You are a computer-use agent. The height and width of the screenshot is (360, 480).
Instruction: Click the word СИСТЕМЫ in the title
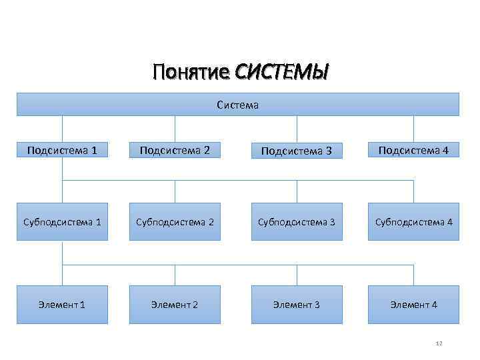[x=283, y=71]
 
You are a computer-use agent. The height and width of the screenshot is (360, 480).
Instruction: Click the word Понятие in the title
[x=191, y=71]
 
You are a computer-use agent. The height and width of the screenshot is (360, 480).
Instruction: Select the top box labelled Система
[x=238, y=105]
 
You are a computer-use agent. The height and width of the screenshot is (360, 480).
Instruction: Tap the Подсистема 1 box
[x=62, y=151]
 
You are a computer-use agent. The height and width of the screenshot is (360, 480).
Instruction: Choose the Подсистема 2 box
[x=175, y=151]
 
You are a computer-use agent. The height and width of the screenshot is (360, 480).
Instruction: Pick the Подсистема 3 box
[x=297, y=151]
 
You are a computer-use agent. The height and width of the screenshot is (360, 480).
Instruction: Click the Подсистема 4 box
[x=413, y=151]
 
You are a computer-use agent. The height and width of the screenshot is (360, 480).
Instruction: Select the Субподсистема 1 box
[x=62, y=221]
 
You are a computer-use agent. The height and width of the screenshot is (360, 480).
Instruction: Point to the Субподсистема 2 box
[x=175, y=221]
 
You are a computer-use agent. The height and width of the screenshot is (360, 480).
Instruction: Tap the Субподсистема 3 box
[x=297, y=221]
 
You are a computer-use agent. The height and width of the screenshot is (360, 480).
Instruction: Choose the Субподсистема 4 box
[x=413, y=221]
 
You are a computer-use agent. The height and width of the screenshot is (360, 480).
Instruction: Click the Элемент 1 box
[x=62, y=305]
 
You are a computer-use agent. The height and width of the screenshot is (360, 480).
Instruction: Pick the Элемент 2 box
[x=175, y=305]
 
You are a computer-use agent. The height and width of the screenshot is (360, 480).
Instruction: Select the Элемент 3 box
[x=297, y=305]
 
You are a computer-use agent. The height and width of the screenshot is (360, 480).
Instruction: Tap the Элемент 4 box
[x=413, y=305]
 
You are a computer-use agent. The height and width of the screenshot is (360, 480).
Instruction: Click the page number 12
[x=439, y=343]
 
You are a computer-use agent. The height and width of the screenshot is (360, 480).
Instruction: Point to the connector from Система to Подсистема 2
[x=175, y=128]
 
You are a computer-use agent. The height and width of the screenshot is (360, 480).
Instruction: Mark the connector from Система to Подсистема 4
[x=413, y=128]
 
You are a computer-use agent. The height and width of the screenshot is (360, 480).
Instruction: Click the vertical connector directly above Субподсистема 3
[x=297, y=191]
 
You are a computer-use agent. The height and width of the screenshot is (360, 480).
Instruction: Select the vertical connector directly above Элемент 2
[x=175, y=275]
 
